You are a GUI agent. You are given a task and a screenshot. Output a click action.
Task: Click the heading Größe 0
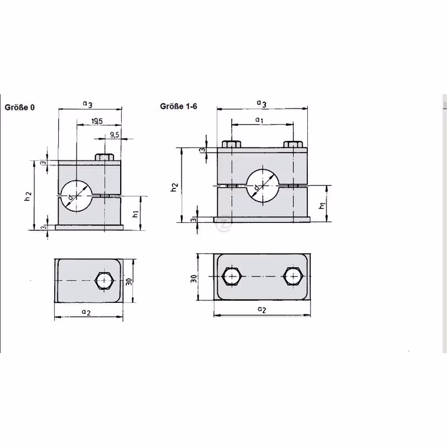click(20, 107)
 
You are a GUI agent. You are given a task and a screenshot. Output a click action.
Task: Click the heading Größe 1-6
click(178, 106)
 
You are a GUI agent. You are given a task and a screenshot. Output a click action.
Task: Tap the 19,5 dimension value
click(97, 121)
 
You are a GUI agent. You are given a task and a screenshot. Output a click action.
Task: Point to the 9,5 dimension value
click(115, 135)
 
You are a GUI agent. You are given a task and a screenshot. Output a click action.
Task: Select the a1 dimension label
click(259, 120)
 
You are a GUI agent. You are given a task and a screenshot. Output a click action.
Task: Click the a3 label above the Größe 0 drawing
click(88, 104)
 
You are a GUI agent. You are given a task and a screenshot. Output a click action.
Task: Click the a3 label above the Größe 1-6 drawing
click(261, 103)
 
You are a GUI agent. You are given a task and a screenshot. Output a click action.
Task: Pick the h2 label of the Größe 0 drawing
click(27, 196)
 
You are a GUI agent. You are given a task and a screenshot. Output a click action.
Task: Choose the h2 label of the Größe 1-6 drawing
click(174, 187)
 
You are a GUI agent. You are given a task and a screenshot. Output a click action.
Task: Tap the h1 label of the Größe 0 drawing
click(135, 214)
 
